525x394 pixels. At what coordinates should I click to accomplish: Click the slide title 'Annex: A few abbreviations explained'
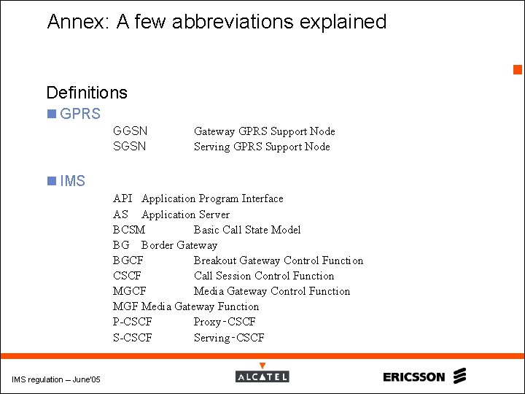click(x=217, y=22)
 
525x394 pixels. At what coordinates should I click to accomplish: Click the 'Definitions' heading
click(x=86, y=93)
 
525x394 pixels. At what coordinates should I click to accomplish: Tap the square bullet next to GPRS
click(x=51, y=114)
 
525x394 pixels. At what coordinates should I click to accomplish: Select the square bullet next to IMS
click(x=51, y=181)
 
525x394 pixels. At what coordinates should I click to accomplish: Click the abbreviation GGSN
click(x=130, y=131)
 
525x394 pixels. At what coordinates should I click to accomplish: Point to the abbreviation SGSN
click(x=130, y=147)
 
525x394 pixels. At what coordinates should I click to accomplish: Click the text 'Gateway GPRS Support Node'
click(x=264, y=131)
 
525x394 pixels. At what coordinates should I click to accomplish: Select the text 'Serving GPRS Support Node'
click(x=261, y=147)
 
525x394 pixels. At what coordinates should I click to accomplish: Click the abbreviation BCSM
click(x=129, y=230)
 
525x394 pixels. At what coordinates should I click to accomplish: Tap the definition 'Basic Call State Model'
click(x=246, y=230)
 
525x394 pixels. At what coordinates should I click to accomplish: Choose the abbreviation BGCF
click(x=128, y=260)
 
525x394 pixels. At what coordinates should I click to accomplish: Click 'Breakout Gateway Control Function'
click(x=278, y=260)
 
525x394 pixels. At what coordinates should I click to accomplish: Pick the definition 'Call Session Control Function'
click(x=263, y=276)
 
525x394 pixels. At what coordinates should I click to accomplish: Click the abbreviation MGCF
click(x=129, y=291)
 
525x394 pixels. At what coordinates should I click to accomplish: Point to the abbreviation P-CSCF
click(x=133, y=322)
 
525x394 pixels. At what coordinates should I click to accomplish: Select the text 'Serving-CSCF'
click(x=229, y=338)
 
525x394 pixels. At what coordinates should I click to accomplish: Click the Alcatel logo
click(x=262, y=376)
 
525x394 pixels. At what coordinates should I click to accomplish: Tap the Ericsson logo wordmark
click(x=413, y=376)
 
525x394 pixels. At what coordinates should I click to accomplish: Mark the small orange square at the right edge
click(x=518, y=70)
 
